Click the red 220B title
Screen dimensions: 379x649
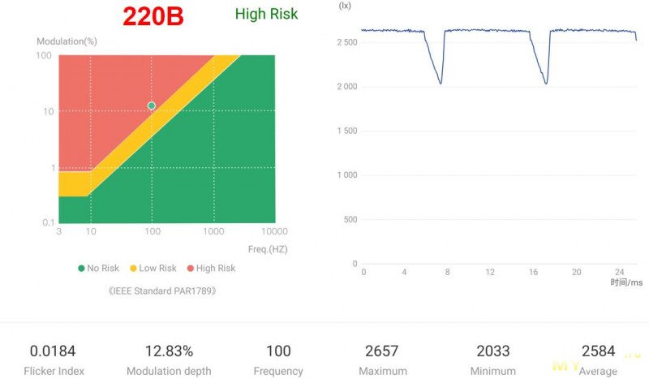(153, 16)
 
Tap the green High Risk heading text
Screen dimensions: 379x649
(266, 14)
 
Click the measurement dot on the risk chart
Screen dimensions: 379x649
(151, 106)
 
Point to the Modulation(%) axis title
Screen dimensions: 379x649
(67, 41)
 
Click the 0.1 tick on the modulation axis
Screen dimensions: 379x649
(47, 222)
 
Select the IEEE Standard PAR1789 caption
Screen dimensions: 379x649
(162, 290)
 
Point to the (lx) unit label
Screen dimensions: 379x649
(345, 6)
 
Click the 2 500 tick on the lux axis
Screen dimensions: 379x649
(346, 42)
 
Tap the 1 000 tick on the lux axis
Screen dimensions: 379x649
(346, 175)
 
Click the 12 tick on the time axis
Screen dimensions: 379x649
(490, 272)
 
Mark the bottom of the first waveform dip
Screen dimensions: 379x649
(441, 83)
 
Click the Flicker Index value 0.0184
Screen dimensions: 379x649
(53, 351)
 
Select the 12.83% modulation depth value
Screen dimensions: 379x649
(169, 351)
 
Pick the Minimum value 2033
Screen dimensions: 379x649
(493, 351)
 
